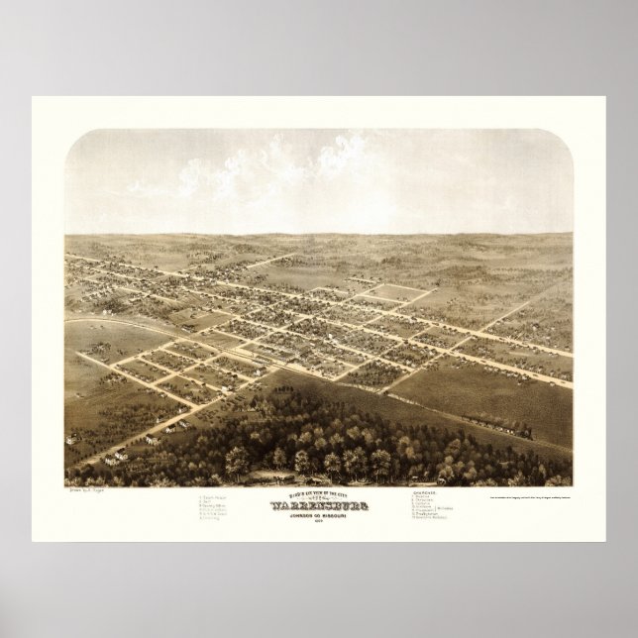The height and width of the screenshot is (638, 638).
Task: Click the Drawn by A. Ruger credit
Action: [x=87, y=490]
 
